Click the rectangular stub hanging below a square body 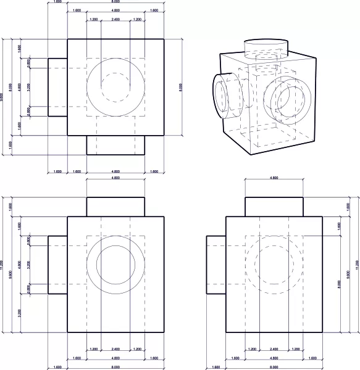click(115, 145)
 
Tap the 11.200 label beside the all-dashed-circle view click(356, 265)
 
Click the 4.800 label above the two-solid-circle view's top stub click(115, 178)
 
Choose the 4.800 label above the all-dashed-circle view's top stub click(274, 178)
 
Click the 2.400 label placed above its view click(115, 20)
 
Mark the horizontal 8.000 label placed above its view click(115, 2)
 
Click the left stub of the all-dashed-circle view click(216, 264)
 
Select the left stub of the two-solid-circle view click(57, 264)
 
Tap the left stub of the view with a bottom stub click(57, 87)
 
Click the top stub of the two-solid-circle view click(115, 207)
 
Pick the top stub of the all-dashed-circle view click(274, 207)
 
